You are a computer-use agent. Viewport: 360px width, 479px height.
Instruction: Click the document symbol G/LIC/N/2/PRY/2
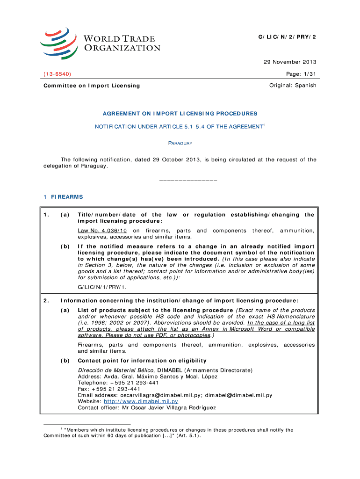(x=287, y=37)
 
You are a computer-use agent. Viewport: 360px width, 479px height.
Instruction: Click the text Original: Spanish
(x=293, y=85)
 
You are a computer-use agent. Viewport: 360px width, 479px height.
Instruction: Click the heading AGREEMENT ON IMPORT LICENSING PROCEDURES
(x=180, y=114)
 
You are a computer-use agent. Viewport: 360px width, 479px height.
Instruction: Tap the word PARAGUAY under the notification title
(x=180, y=143)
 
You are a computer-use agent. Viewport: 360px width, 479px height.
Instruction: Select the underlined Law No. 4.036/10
(x=102, y=231)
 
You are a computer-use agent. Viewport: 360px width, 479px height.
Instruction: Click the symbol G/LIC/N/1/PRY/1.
(x=102, y=286)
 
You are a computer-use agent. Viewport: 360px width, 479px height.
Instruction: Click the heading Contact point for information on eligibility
(x=142, y=361)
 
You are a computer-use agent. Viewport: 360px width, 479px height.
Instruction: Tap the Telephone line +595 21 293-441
(x=108, y=383)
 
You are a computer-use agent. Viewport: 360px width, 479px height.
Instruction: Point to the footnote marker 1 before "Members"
(x=62, y=428)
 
